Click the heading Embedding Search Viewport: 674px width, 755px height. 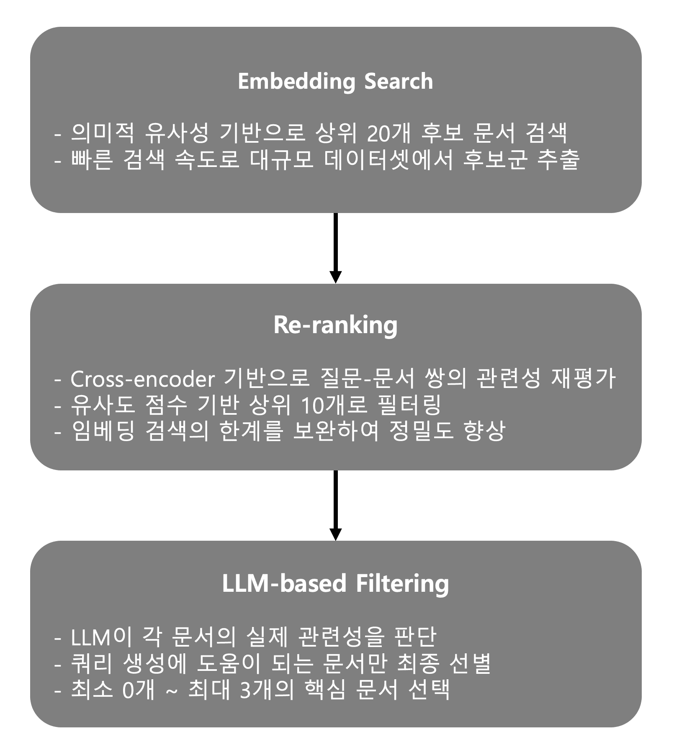click(x=335, y=81)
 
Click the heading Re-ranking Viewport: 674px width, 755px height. click(x=335, y=325)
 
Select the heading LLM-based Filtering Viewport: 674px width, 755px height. click(x=335, y=583)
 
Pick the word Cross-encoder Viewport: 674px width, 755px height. click(x=142, y=379)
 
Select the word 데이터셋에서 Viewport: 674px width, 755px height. click(x=388, y=159)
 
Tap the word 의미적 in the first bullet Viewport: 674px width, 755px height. click(x=103, y=134)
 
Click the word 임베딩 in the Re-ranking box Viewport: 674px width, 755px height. click(x=103, y=431)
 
